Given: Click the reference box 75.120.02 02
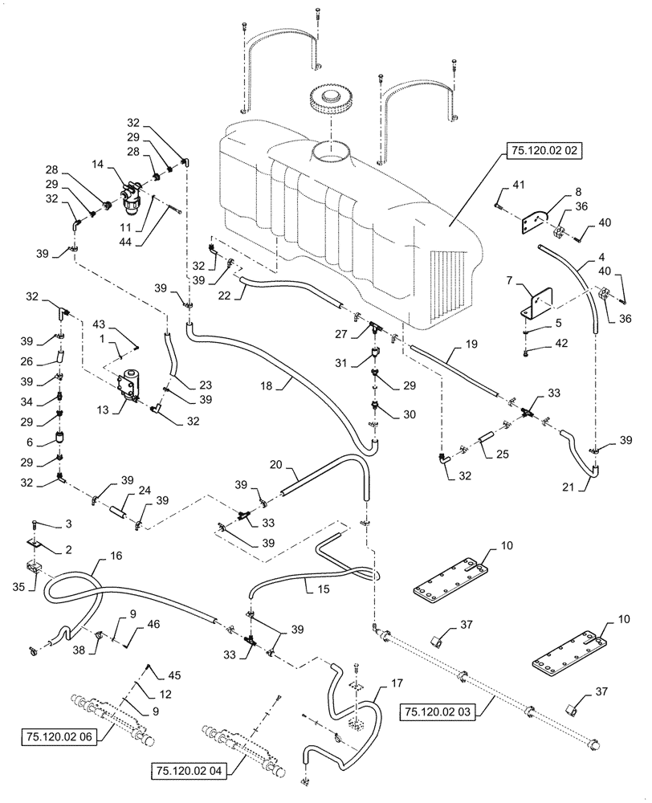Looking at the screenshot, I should coord(543,150).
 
